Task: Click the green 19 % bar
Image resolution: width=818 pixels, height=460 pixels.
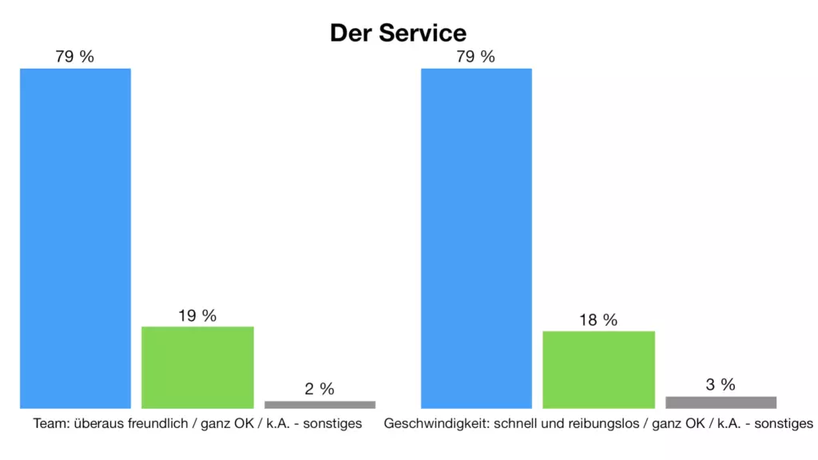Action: pos(197,367)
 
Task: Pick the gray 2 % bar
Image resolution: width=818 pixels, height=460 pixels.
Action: pos(320,404)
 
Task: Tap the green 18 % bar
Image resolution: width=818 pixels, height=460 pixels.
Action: pos(598,369)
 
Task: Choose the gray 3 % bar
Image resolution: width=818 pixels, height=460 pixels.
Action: pos(721,402)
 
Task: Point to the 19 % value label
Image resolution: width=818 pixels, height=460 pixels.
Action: pos(197,315)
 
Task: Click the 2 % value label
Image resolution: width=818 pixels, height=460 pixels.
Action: pos(320,389)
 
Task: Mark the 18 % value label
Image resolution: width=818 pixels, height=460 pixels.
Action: pos(598,320)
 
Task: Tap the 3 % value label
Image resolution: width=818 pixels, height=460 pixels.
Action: pos(721,384)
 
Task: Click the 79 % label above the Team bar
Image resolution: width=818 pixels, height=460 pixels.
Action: pos(75,57)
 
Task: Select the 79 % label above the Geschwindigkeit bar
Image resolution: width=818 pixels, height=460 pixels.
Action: pos(476,57)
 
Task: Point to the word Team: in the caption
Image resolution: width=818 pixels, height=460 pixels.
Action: pos(50,423)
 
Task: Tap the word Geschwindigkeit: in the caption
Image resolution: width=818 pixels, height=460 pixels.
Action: pos(429,423)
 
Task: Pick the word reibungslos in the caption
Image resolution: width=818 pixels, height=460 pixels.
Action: pos(606,423)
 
